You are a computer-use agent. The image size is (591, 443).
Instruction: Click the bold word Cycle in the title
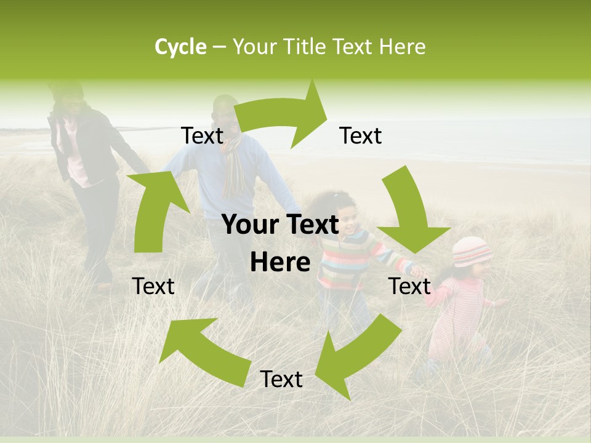pos(180,47)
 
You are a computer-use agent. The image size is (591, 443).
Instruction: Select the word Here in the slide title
pos(403,47)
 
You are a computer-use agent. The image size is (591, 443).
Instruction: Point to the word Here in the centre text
pos(280,262)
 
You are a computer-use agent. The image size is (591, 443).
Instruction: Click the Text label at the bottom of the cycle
pos(281,380)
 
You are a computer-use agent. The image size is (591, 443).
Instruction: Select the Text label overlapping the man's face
pos(203,135)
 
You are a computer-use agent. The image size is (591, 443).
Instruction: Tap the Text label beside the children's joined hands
pos(409,286)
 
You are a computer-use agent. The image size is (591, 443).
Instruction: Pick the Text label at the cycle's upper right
pos(361,135)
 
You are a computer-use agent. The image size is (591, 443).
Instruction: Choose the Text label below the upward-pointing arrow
pos(153,286)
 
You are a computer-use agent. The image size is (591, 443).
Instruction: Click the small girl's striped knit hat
pos(472,251)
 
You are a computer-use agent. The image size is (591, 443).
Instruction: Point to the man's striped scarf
pos(233,166)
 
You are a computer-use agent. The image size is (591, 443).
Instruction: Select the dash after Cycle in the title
pos(219,47)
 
